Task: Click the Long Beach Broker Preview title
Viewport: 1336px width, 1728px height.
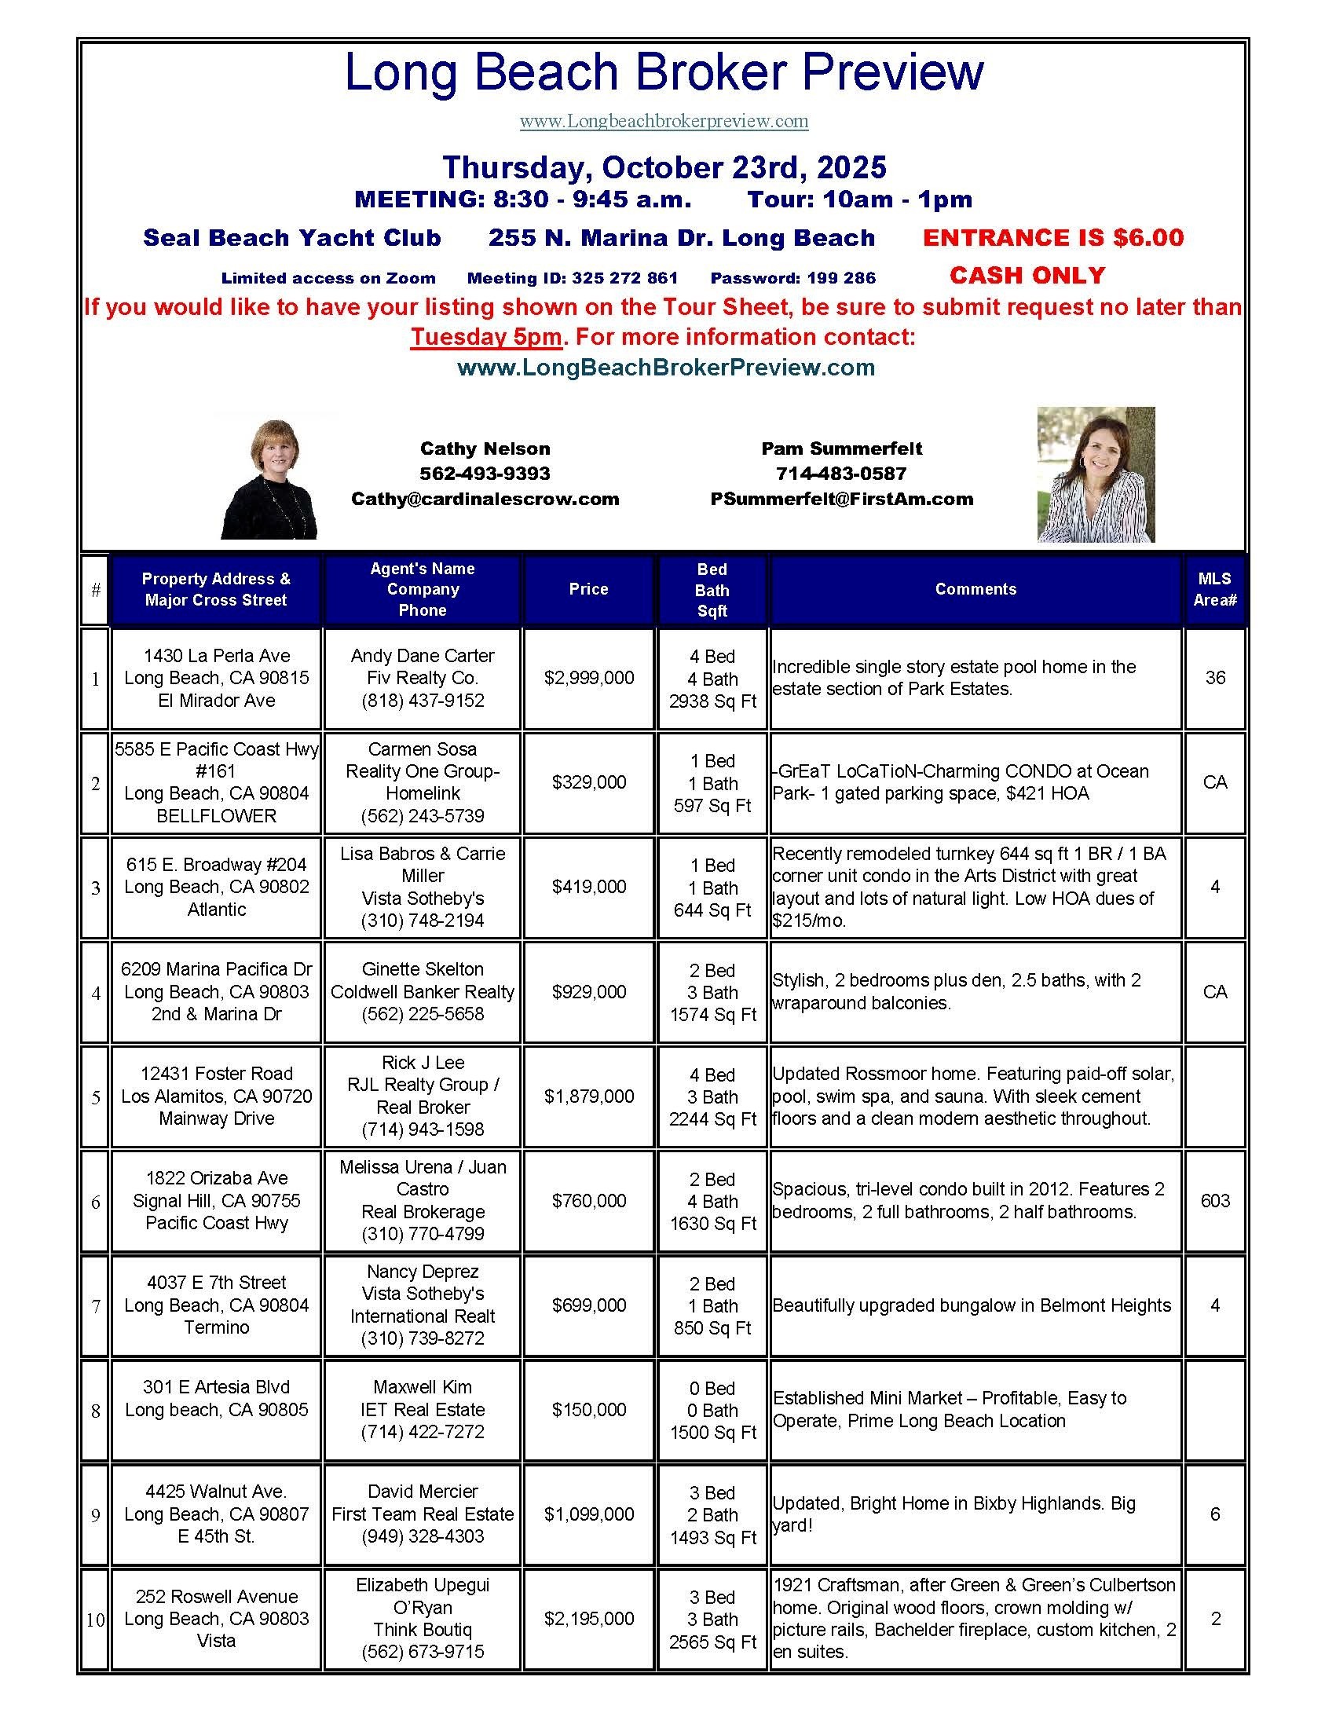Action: [x=664, y=73]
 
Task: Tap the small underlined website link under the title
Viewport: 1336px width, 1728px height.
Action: [x=664, y=121]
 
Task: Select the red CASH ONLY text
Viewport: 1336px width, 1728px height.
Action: [x=1027, y=276]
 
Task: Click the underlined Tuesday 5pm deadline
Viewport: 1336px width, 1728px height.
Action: [x=485, y=337]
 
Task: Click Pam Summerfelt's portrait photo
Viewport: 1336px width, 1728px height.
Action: [x=1096, y=474]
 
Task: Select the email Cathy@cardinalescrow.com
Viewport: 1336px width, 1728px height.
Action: [x=485, y=500]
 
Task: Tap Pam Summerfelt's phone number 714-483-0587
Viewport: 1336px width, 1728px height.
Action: [x=842, y=474]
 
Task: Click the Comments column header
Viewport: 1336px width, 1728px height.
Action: [x=975, y=589]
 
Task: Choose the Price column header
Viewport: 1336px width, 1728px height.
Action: [x=588, y=589]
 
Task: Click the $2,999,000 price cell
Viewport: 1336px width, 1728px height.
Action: [x=588, y=678]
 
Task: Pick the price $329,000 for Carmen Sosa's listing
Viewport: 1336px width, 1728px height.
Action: [x=588, y=782]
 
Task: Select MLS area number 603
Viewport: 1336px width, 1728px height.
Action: [x=1215, y=1201]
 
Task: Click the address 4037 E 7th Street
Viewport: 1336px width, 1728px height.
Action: [x=216, y=1283]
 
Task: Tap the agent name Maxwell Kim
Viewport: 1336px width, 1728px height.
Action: [x=423, y=1387]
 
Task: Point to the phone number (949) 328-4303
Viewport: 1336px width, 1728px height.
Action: [x=423, y=1536]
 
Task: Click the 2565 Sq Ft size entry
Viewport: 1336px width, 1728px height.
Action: [x=712, y=1642]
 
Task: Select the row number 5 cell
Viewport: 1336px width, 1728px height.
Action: [x=96, y=1097]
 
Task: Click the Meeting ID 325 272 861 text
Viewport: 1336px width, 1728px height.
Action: [x=572, y=279]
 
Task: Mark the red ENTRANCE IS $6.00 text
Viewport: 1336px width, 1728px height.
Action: [x=1052, y=237]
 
